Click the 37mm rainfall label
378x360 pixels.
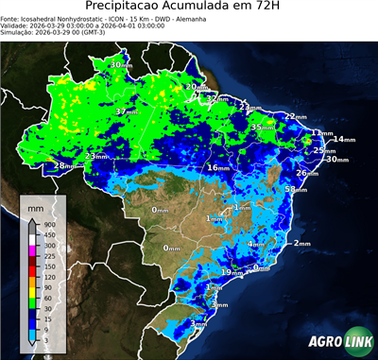[125, 111]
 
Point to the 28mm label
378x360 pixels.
[63, 166]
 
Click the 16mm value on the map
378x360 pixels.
[218, 167]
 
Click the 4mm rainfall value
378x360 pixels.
[255, 244]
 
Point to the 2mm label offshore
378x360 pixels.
[302, 244]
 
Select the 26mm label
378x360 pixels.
[306, 173]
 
